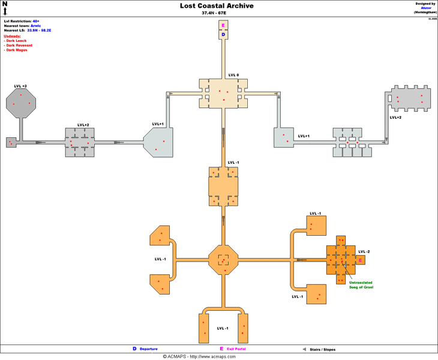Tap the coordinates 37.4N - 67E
[x=217, y=13]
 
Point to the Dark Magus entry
[x=17, y=50]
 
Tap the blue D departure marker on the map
[x=223, y=35]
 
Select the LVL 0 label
[x=233, y=75]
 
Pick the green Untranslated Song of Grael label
[x=361, y=285]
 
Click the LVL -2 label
[x=364, y=251]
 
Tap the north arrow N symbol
[x=5, y=7]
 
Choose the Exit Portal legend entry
[x=235, y=349]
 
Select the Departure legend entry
[x=148, y=349]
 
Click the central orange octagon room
[x=223, y=260]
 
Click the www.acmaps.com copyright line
[x=218, y=356]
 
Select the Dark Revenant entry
[x=19, y=45]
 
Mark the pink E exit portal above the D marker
[x=223, y=26]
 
